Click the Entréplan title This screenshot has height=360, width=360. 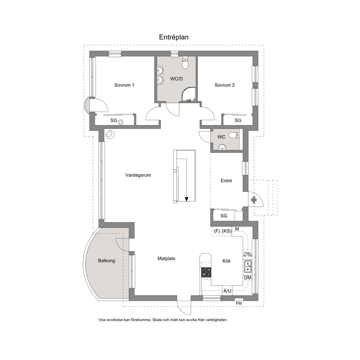[174, 37]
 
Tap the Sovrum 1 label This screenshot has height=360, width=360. [124, 85]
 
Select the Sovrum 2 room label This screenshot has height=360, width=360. [225, 85]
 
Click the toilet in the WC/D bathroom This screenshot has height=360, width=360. [185, 63]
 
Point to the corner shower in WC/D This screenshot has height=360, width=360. [188, 94]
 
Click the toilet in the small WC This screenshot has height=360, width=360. [233, 135]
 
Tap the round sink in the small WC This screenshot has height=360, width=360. [222, 147]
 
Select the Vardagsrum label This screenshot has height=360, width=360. [138, 175]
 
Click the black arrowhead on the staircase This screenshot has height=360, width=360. [187, 199]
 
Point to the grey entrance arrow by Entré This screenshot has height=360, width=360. [254, 200]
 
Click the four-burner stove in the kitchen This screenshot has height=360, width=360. [206, 273]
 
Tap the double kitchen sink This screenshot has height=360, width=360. [248, 266]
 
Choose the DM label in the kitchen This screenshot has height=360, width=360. [248, 278]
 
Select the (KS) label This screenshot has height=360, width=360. [227, 231]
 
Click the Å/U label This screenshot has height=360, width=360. [227, 291]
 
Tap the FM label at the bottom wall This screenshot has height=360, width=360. [239, 303]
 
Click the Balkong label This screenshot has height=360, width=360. [107, 261]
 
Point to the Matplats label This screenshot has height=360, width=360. [167, 259]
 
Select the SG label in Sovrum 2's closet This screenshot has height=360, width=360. [238, 120]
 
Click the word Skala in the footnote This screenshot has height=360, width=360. [157, 320]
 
